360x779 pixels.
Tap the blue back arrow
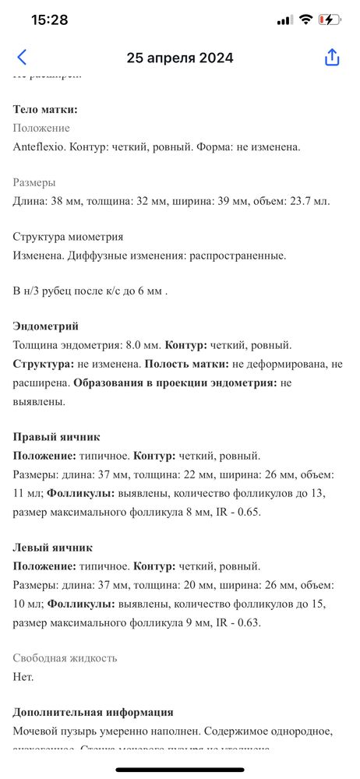[x=22, y=57]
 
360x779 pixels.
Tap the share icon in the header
[x=332, y=57]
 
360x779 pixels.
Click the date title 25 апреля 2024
[x=180, y=58]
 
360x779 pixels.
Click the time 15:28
[x=49, y=19]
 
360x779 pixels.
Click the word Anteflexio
[x=40, y=146]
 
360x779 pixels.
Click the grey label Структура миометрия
[x=68, y=237]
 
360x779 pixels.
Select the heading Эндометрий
[x=46, y=326]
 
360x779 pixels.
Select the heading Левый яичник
[x=54, y=548]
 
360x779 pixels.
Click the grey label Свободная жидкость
[x=65, y=658]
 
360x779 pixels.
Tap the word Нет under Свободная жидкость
[x=23, y=677]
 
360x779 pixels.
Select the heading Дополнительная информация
[x=93, y=712]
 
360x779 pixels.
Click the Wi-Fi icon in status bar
[x=305, y=19]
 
